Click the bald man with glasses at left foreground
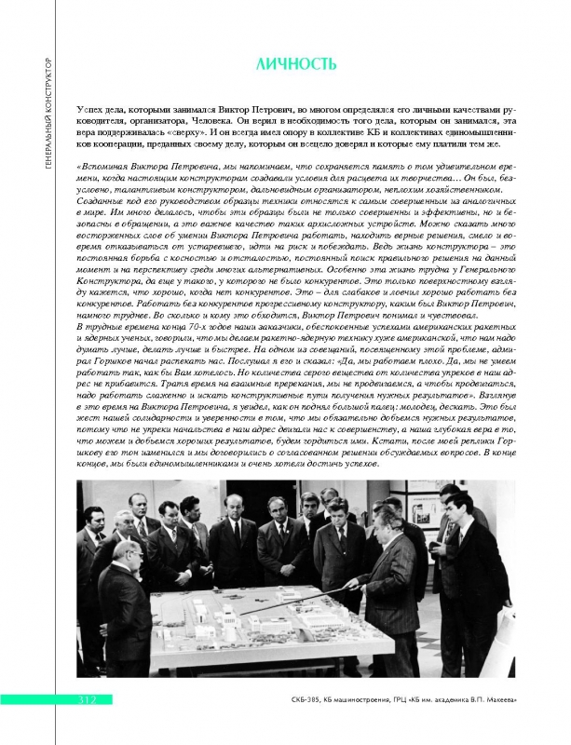pyautogui.click(x=115, y=582)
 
